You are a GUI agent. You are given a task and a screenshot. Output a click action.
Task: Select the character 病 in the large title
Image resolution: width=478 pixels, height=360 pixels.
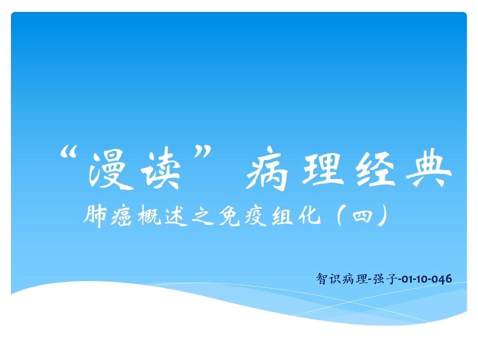pos(267,168)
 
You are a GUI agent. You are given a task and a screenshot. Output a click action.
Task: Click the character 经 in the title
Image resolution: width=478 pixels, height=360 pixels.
pos(376,168)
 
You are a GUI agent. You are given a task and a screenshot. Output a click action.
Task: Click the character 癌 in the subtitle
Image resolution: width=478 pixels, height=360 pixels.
pos(121,216)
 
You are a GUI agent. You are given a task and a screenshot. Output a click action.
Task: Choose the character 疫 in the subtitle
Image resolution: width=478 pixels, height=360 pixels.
pos(256,216)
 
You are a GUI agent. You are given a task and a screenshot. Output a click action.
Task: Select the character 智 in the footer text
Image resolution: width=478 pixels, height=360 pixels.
pos(322,278)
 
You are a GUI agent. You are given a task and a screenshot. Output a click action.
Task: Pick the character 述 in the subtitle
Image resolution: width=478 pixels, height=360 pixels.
pos(176,216)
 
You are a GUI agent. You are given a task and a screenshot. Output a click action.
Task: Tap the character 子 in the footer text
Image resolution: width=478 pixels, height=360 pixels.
pos(391,278)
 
